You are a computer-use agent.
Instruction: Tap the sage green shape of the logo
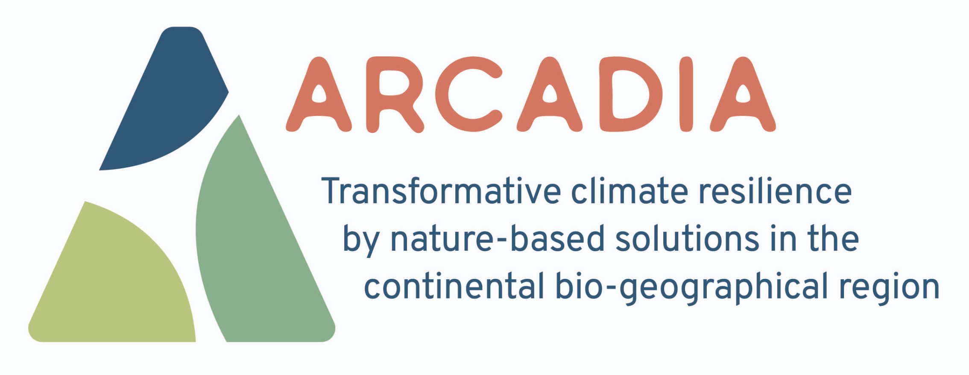point(256,248)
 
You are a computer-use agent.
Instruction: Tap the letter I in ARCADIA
point(686,94)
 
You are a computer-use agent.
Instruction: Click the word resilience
point(775,190)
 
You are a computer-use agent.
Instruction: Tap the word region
point(890,288)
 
